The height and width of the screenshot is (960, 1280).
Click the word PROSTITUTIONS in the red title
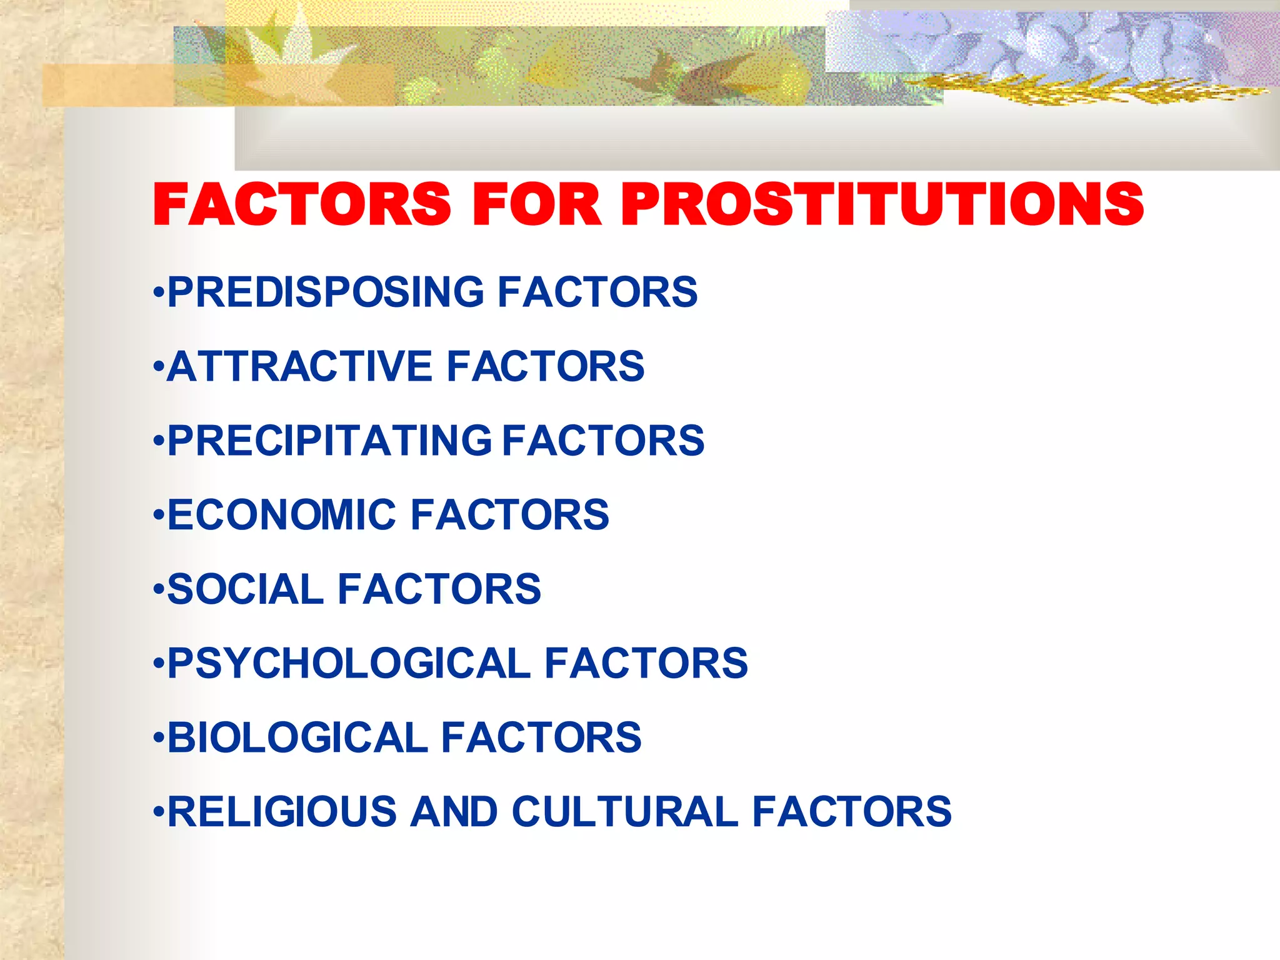tap(881, 204)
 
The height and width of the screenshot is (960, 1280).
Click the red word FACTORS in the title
tap(302, 204)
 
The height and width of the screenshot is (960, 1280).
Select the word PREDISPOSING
tap(326, 292)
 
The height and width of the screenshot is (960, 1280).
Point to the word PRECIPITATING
tap(329, 441)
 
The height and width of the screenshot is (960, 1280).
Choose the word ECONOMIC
tap(282, 515)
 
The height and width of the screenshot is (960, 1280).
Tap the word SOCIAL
tap(245, 589)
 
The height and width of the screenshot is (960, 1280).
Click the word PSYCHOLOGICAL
tap(349, 663)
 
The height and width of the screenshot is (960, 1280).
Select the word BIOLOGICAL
tap(297, 737)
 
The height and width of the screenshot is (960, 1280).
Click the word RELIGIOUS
tap(282, 812)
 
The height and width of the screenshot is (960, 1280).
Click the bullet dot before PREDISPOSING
tap(159, 292)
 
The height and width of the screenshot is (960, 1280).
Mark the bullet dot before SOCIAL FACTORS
tap(159, 590)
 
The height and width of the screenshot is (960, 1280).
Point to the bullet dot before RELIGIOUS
tap(159, 812)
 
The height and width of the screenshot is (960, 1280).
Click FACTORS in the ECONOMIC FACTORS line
tap(509, 515)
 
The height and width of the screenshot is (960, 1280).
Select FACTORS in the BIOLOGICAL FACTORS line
tap(541, 737)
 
